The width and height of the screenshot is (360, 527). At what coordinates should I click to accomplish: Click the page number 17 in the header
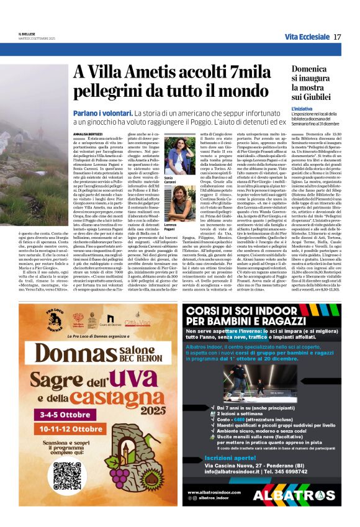[337, 37]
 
